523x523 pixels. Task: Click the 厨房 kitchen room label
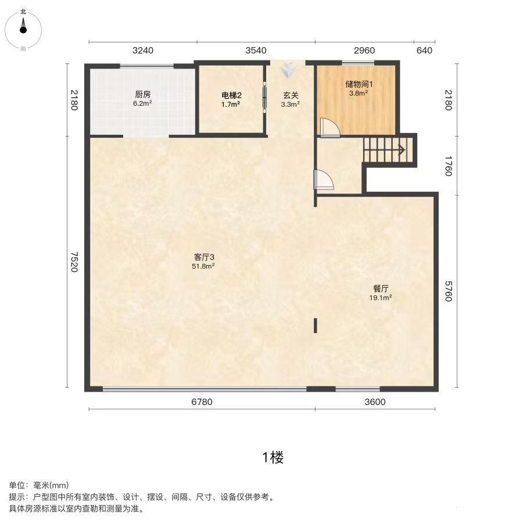[x=143, y=95]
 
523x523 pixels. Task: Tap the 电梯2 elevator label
[x=231, y=95]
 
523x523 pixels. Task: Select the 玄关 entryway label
[x=291, y=95]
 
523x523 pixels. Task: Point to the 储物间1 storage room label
[x=359, y=84]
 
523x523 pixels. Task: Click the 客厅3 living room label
[x=204, y=257]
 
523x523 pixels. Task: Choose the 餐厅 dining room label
[x=381, y=288]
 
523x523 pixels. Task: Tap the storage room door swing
[x=330, y=127]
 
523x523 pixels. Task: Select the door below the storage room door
[x=324, y=180]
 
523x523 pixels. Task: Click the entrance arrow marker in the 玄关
[x=288, y=70]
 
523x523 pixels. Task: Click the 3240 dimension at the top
[x=143, y=51]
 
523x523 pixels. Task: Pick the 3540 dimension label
[x=256, y=51]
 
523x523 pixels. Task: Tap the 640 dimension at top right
[x=424, y=51]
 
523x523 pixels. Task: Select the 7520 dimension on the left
[x=74, y=262]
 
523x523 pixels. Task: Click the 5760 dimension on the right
[x=449, y=291]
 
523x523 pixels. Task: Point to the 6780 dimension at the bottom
[x=202, y=402]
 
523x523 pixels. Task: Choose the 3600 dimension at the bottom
[x=375, y=402]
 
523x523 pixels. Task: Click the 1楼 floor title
[x=273, y=457]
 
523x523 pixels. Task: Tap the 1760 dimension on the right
[x=449, y=166]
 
